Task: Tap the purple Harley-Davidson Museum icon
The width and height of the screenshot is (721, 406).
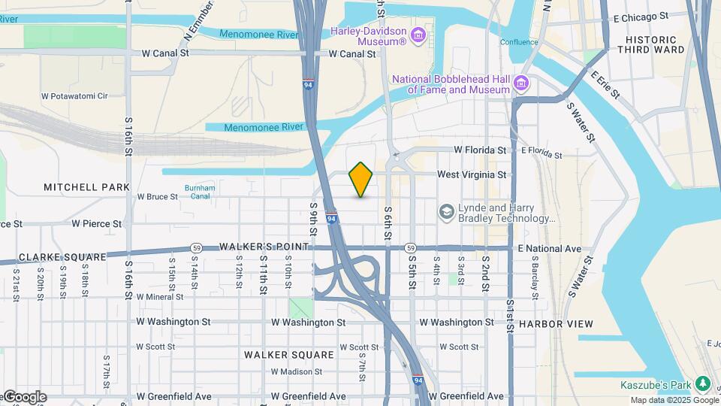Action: click(x=418, y=35)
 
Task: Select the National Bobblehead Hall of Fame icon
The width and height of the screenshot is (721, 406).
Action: click(x=520, y=83)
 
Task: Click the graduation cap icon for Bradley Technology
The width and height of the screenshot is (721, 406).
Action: click(x=447, y=213)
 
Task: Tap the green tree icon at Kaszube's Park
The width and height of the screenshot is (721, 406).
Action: click(x=703, y=383)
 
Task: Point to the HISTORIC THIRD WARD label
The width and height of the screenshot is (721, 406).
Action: click(x=656, y=44)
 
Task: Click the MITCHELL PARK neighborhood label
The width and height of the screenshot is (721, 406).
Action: click(x=86, y=186)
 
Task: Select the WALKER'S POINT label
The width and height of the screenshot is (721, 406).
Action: click(x=264, y=247)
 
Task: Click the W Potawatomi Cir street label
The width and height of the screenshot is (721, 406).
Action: click(x=85, y=96)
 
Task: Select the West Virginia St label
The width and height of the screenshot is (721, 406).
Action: click(x=472, y=174)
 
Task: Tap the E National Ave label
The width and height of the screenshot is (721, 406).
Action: click(x=549, y=248)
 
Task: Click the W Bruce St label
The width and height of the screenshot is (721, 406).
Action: click(x=157, y=197)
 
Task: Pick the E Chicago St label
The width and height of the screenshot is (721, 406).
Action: click(x=641, y=16)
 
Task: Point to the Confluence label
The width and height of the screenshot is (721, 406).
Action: click(x=518, y=42)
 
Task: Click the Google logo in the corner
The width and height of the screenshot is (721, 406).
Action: click(x=24, y=397)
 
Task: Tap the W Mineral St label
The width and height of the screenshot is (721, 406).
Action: click(x=160, y=297)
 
